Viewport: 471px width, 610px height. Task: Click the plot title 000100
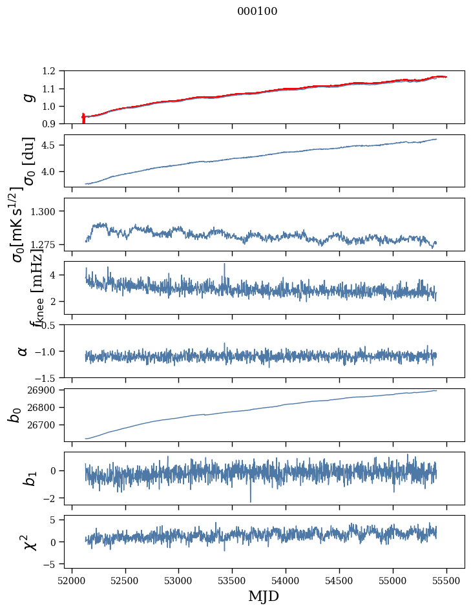pyautogui.click(x=257, y=12)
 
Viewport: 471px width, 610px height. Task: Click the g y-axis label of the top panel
pyautogui.click(x=27, y=97)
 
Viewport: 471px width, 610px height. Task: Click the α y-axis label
pyautogui.click(x=23, y=351)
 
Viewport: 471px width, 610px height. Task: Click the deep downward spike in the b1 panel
pyautogui.click(x=251, y=501)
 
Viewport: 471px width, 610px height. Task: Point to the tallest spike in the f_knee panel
pyautogui.click(x=224, y=264)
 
